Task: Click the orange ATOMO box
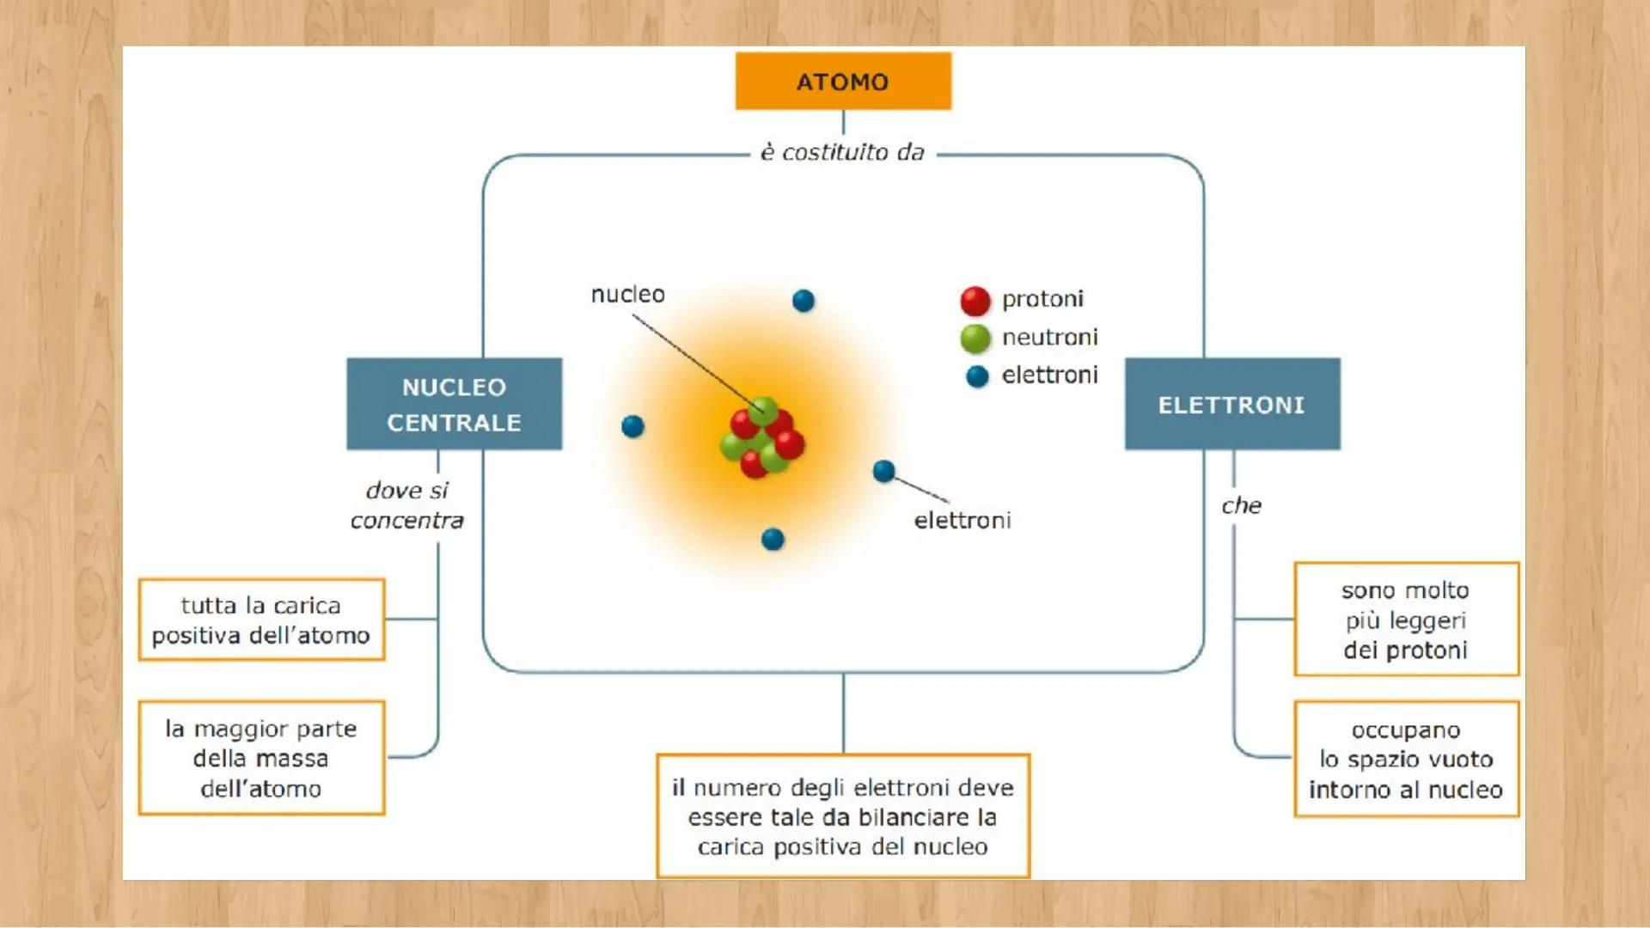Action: pos(842,82)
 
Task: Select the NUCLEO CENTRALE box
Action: pos(454,404)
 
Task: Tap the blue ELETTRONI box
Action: pos(1231,404)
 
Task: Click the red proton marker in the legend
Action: pos(975,301)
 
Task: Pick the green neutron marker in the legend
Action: pos(975,339)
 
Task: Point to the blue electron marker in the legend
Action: pos(977,376)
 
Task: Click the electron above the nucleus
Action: pos(804,301)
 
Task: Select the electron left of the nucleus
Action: pos(632,426)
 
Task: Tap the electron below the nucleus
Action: pos(773,539)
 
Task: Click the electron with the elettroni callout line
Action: pos(883,471)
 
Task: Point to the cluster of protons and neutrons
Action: pos(762,438)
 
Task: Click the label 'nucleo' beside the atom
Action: pos(627,295)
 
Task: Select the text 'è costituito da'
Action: pos(842,152)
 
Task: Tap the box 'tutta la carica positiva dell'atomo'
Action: pos(261,620)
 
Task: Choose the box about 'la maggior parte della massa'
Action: pos(261,758)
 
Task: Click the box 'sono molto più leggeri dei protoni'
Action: pos(1406,620)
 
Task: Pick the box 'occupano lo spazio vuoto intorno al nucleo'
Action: pos(1406,760)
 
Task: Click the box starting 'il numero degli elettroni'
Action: pos(842,816)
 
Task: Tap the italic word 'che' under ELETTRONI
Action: pos(1242,505)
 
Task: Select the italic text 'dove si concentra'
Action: pos(406,505)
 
